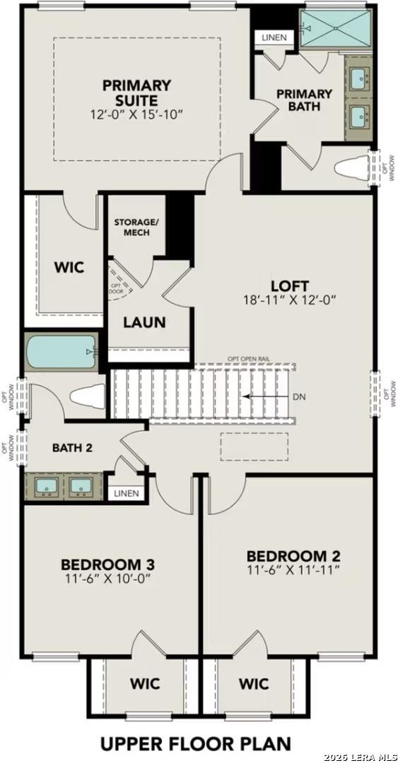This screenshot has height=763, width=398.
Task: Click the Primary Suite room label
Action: pyautogui.click(x=136, y=93)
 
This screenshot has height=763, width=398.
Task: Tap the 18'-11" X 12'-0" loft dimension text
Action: pyautogui.click(x=290, y=300)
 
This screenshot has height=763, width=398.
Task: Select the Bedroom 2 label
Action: pyautogui.click(x=293, y=555)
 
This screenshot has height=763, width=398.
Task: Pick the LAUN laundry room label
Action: pyautogui.click(x=144, y=322)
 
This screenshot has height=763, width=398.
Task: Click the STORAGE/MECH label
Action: pyautogui.click(x=136, y=227)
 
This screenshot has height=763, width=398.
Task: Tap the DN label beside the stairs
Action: pyautogui.click(x=300, y=396)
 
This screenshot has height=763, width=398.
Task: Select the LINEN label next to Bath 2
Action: pyautogui.click(x=127, y=493)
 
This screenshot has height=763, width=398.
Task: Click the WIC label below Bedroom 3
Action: pyautogui.click(x=145, y=683)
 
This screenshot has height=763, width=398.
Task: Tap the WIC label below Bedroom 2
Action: pyautogui.click(x=253, y=683)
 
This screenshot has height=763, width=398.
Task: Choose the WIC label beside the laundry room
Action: pyautogui.click(x=69, y=267)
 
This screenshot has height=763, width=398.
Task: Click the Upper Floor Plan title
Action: pyautogui.click(x=195, y=744)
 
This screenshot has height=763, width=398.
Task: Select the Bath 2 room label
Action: pyautogui.click(x=72, y=447)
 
